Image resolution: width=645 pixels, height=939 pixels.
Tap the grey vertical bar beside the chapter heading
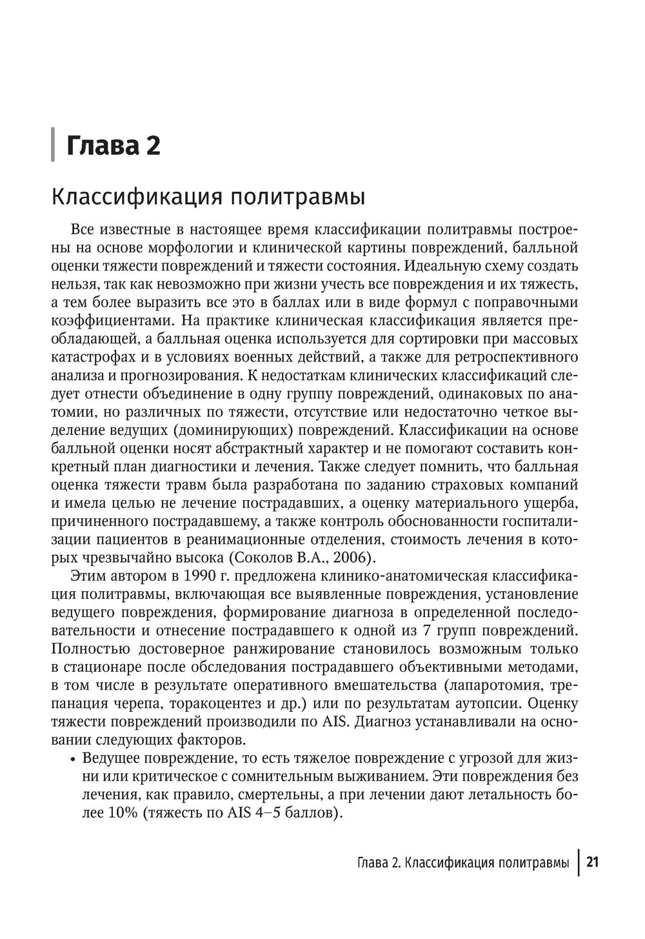click(x=53, y=145)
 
